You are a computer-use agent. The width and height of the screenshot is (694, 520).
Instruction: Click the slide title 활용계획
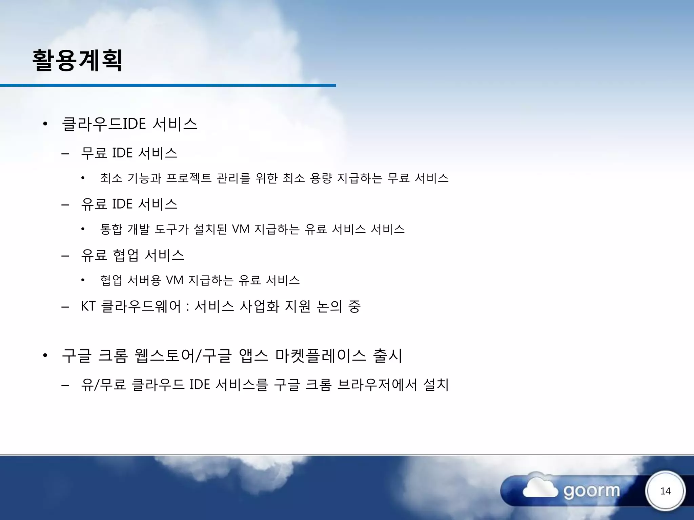77,60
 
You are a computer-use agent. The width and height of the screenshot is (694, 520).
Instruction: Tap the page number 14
665,491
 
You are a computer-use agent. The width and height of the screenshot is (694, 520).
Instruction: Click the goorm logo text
592,491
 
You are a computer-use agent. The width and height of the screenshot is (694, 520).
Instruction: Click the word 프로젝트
189,178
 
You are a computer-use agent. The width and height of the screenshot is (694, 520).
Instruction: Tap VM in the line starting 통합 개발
241,229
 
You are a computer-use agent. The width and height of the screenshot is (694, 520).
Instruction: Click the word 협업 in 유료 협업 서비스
126,255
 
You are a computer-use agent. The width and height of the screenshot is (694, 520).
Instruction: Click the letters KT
88,306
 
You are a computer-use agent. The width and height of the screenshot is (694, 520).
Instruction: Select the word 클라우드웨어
141,306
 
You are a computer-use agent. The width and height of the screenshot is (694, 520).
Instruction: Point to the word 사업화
260,306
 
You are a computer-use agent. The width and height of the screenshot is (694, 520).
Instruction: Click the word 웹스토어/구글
183,356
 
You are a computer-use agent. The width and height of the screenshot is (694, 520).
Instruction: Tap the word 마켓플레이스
321,356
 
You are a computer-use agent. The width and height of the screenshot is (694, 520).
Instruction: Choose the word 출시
387,356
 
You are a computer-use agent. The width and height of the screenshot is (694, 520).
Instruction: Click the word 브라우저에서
377,385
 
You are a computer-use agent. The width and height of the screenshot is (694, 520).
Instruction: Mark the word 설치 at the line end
436,385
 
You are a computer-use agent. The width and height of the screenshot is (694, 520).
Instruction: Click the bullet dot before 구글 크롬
45,356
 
